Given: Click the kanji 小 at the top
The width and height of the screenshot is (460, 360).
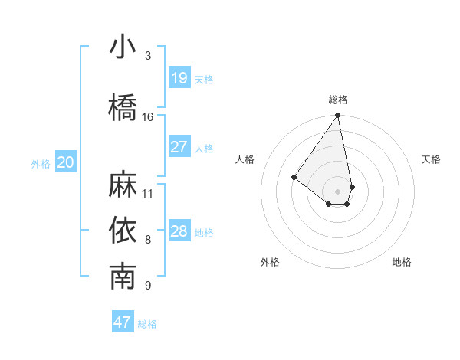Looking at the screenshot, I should click(123, 47).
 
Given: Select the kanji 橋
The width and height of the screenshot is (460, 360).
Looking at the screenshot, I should click(123, 108).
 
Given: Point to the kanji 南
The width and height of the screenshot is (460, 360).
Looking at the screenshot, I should click(123, 277).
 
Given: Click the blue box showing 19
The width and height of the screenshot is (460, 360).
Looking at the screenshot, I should click(179, 78).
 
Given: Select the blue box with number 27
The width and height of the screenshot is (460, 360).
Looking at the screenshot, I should click(179, 147).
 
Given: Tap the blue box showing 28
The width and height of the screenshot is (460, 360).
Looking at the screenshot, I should click(179, 231).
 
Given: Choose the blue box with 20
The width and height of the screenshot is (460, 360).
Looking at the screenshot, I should click(66, 162).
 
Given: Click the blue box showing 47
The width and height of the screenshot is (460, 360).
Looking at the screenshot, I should click(123, 322).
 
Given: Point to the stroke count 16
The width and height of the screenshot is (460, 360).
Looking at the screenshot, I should click(148, 117).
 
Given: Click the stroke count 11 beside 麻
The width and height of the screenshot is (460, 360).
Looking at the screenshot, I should click(148, 193).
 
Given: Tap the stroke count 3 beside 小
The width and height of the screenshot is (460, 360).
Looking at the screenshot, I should click(148, 56).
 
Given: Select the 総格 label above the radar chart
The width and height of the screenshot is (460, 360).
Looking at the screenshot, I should click(338, 100).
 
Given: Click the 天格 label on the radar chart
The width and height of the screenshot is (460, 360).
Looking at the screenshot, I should click(432, 159).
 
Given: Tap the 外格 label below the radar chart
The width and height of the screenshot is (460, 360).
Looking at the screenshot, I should click(270, 262).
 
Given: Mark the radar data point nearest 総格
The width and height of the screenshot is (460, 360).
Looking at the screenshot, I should click(337, 116).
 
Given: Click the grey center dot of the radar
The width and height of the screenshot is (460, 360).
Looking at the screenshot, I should click(337, 191).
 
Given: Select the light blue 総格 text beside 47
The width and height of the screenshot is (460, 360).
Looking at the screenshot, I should click(147, 324).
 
